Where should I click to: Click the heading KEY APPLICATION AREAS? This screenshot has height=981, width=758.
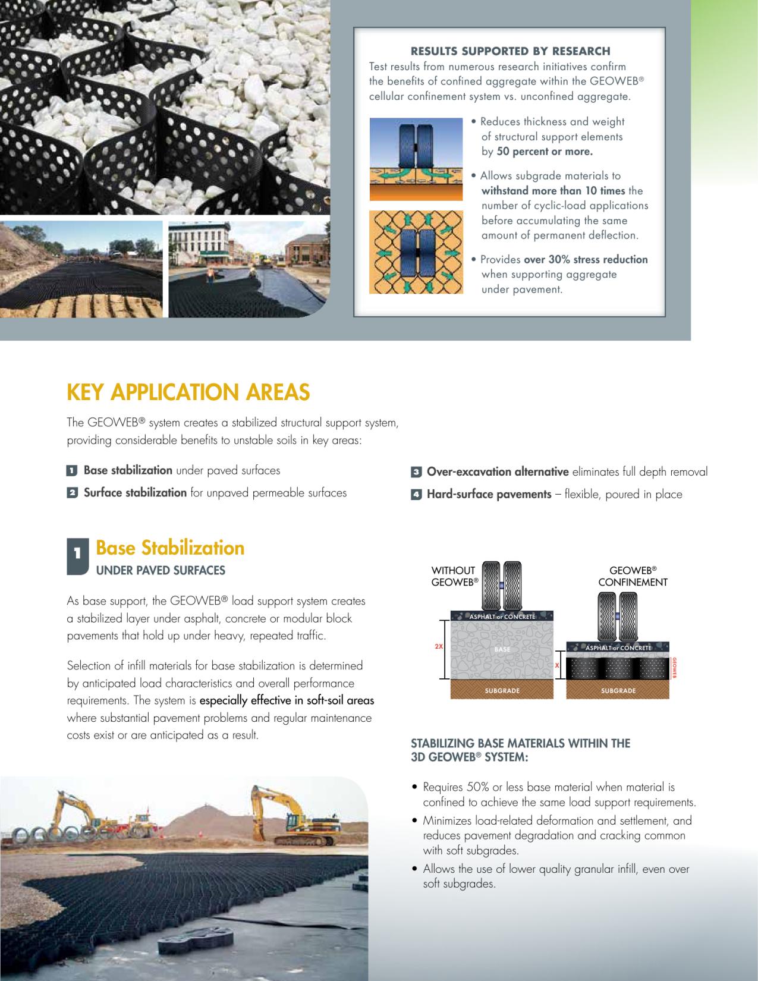(188, 392)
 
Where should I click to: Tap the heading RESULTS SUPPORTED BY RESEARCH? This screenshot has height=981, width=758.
(510, 51)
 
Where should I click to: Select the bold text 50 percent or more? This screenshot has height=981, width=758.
(544, 152)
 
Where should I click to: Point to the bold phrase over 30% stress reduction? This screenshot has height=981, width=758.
(586, 259)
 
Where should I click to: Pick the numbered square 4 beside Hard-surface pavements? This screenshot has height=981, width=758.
(416, 495)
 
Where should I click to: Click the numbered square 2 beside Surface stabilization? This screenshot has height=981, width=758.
(72, 493)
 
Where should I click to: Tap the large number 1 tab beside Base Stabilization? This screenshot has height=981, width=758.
(77, 555)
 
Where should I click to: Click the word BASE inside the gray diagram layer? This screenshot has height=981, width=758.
(502, 649)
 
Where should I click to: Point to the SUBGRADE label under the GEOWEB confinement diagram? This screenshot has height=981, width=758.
(618, 691)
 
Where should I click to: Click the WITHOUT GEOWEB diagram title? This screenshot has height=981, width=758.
(454, 576)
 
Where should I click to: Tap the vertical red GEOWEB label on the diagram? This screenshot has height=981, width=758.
(674, 668)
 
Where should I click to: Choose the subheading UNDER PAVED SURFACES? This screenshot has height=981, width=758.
(161, 571)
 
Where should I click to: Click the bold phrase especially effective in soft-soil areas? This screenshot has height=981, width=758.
(287, 700)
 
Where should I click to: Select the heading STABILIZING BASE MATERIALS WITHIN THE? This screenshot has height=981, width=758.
(520, 743)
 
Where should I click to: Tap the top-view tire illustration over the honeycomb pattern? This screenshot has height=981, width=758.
(416, 252)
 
